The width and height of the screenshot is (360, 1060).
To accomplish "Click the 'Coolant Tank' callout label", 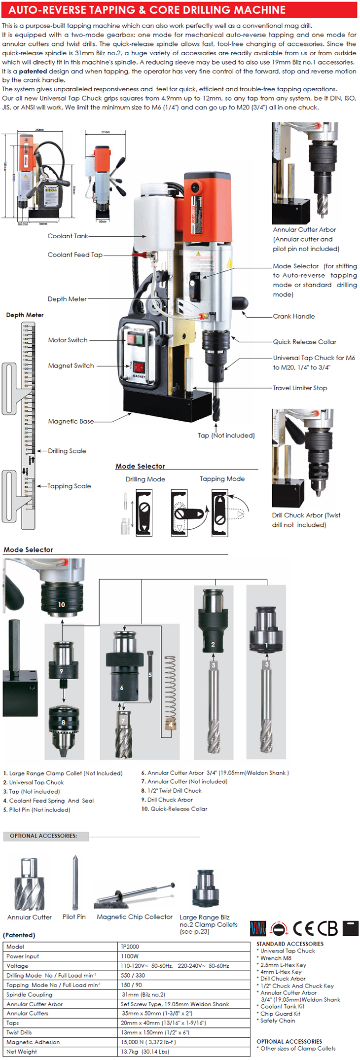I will pyautogui.click(x=68, y=236).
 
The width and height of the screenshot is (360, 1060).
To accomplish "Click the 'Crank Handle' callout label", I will pyautogui.click(x=293, y=317).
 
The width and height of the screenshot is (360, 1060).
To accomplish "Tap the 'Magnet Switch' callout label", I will pyautogui.click(x=71, y=366).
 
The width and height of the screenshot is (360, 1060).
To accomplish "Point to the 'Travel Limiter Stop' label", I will pyautogui.click(x=300, y=388).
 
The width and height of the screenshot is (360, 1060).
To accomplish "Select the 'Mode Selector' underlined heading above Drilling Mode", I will pyautogui.click(x=140, y=467).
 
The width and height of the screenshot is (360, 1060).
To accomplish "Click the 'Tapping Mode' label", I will pyautogui.click(x=222, y=479).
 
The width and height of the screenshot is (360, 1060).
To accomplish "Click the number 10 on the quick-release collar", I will pyautogui.click(x=62, y=604).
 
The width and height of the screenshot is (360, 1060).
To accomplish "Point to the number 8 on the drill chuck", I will pyautogui.click(x=63, y=722).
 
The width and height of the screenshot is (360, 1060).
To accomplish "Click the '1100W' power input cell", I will pyautogui.click(x=130, y=956).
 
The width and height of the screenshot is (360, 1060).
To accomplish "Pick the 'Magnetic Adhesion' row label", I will pyautogui.click(x=33, y=1042).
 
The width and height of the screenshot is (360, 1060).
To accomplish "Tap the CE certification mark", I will pyautogui.click(x=303, y=928).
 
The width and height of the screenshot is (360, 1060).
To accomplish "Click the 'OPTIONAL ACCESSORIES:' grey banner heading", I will pyautogui.click(x=43, y=836).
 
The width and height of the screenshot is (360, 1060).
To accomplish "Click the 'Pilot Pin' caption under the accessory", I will pyautogui.click(x=74, y=917).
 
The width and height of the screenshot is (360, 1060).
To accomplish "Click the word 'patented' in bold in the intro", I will pyautogui.click(x=33, y=72).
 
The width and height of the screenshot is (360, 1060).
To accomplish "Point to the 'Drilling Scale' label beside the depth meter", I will pyautogui.click(x=67, y=451).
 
